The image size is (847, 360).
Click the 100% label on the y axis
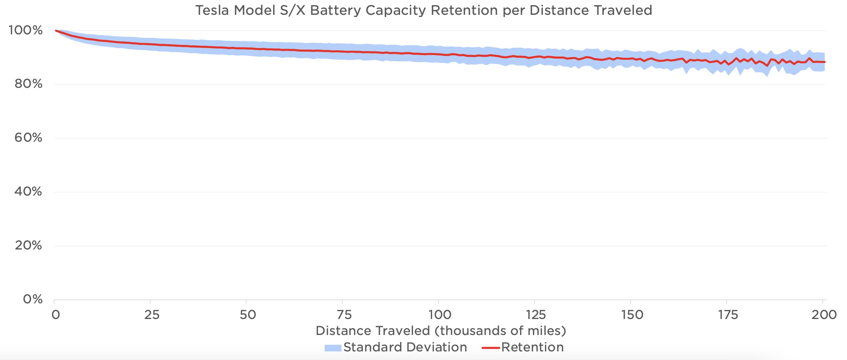pyautogui.click(x=25, y=30)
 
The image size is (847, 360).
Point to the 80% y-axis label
pyautogui.click(x=28, y=84)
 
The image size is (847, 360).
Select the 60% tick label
pyautogui.click(x=28, y=137)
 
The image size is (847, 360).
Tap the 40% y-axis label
pyautogui.click(x=28, y=191)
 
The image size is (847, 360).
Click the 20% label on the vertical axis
pyautogui.click(x=28, y=245)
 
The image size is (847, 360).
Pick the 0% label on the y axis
pyautogui.click(x=33, y=299)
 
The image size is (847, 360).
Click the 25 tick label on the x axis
pyautogui.click(x=152, y=315)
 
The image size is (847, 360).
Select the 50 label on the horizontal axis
pyautogui.click(x=248, y=315)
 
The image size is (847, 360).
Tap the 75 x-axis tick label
pyautogui.click(x=344, y=315)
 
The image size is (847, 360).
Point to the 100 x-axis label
pyautogui.click(x=440, y=315)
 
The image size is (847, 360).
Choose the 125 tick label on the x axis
pyautogui.click(x=536, y=315)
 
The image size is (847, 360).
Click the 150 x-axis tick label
pyautogui.click(x=632, y=315)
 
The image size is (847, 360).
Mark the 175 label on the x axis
pyautogui.click(x=728, y=315)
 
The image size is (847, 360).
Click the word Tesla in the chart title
pyautogui.click(x=213, y=10)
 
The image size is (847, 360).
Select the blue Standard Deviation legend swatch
pyautogui.click(x=333, y=348)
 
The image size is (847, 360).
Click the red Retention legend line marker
pyautogui.click(x=491, y=348)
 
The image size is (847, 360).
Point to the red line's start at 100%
pyautogui.click(x=56, y=30)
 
